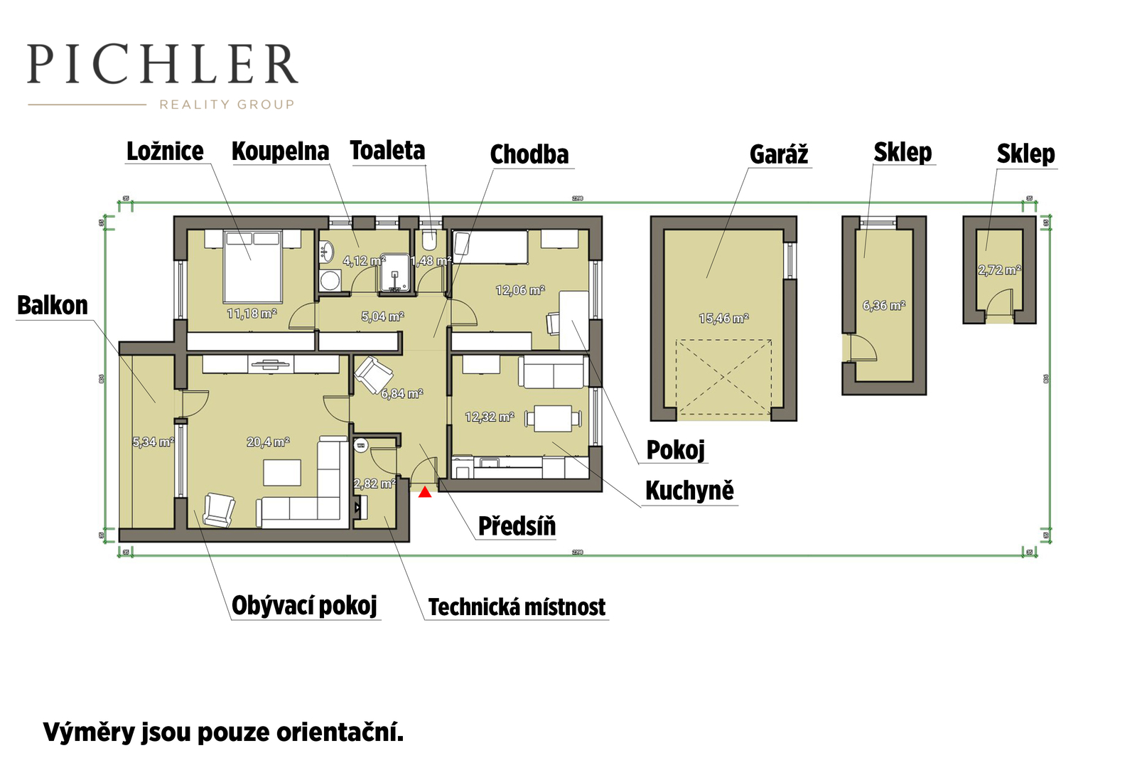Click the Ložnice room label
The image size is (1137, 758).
[x=165, y=151]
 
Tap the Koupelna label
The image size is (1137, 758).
[x=280, y=151]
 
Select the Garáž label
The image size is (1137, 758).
[x=779, y=154]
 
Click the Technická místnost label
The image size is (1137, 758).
[x=517, y=607]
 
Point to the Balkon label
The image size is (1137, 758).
[x=53, y=306]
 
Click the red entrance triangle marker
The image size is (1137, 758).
[x=425, y=491]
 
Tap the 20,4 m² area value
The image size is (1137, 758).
[x=268, y=442]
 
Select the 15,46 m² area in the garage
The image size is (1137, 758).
[x=723, y=319]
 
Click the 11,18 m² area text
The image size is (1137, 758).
[x=252, y=314]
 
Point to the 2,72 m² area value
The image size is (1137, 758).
[x=999, y=270]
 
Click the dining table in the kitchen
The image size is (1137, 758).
[x=553, y=418]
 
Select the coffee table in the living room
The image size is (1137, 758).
[x=282, y=473]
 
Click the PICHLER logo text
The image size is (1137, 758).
[x=162, y=65]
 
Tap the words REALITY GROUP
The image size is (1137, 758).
[x=226, y=105]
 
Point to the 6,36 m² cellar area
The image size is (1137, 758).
[x=883, y=306]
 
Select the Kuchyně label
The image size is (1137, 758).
[x=689, y=491]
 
